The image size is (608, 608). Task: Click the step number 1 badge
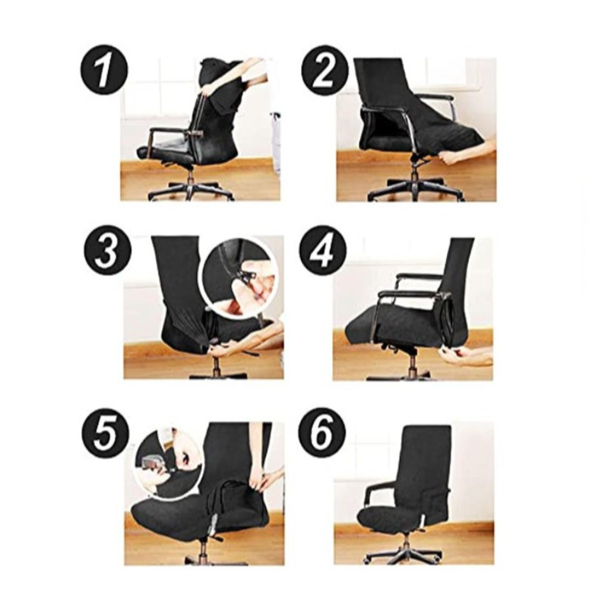[x=104, y=71]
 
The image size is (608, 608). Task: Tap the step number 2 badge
[x=325, y=70]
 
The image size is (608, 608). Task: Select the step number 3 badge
[x=108, y=251]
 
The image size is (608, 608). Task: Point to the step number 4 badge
[x=323, y=250]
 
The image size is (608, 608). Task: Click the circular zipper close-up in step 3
[x=239, y=277]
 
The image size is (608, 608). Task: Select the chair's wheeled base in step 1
[x=191, y=190]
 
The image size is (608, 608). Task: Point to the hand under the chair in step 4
[x=464, y=356]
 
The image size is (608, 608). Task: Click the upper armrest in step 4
[x=419, y=277]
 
